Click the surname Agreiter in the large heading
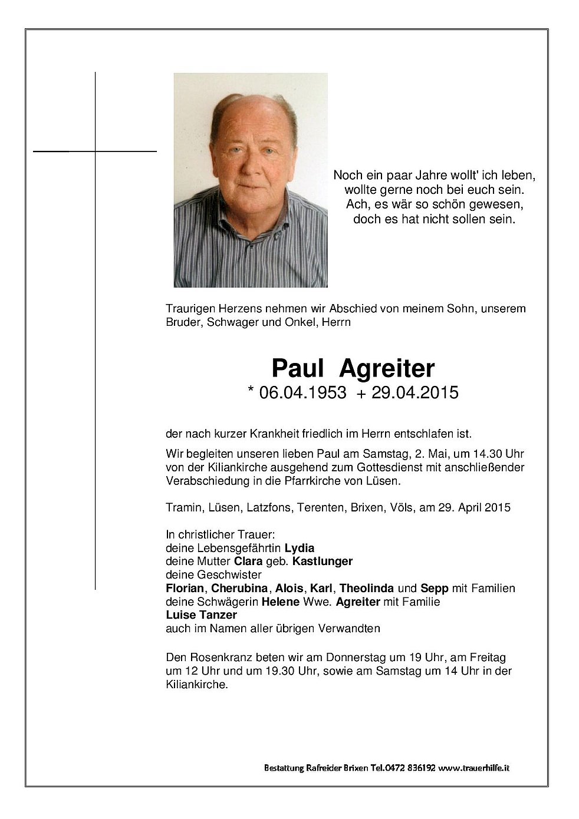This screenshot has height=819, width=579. coord(387,368)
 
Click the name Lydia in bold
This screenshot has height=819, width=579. coord(295,547)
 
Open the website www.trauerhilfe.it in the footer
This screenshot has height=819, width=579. coord(475,768)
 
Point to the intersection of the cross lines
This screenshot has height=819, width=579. coord(95,151)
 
